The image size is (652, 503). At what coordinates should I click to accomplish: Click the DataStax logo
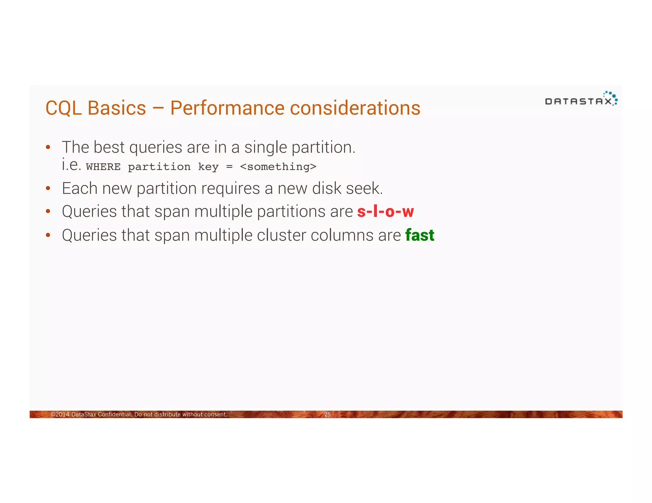pyautogui.click(x=581, y=99)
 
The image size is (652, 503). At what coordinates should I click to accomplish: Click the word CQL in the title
pyautogui.click(x=64, y=108)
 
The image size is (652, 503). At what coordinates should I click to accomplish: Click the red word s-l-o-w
pyautogui.click(x=385, y=212)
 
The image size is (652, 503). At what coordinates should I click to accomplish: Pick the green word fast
pyautogui.click(x=420, y=236)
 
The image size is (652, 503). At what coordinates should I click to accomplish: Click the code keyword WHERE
pyautogui.click(x=103, y=167)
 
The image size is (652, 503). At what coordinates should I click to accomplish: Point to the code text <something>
pyautogui.click(x=278, y=167)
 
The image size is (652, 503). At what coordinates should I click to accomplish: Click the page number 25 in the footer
pyautogui.click(x=327, y=415)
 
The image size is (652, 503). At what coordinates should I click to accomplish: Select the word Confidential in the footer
pyautogui.click(x=115, y=415)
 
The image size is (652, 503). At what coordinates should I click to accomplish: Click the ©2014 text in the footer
pyautogui.click(x=60, y=415)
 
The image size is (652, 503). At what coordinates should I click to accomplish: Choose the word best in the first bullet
pyautogui.click(x=109, y=148)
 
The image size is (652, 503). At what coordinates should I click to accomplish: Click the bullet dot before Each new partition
pyautogui.click(x=48, y=189)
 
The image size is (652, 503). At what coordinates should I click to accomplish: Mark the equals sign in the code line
pyautogui.click(x=229, y=167)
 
